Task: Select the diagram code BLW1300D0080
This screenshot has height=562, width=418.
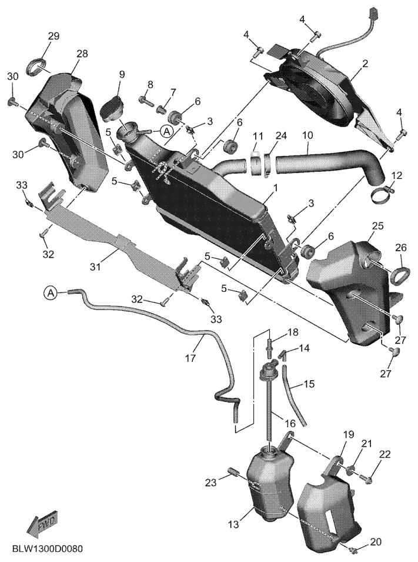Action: point(48,548)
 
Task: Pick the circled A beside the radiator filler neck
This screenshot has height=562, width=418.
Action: point(166,131)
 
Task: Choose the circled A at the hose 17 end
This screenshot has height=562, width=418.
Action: point(51,293)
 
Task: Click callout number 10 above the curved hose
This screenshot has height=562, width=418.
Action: point(307,135)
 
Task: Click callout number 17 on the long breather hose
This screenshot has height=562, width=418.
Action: point(191,358)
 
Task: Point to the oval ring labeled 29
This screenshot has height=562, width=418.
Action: point(37,67)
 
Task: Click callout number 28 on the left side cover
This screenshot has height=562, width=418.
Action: point(82,54)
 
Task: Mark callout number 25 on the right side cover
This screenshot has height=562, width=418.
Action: point(377,226)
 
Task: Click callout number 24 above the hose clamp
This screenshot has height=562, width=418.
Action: point(282,135)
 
